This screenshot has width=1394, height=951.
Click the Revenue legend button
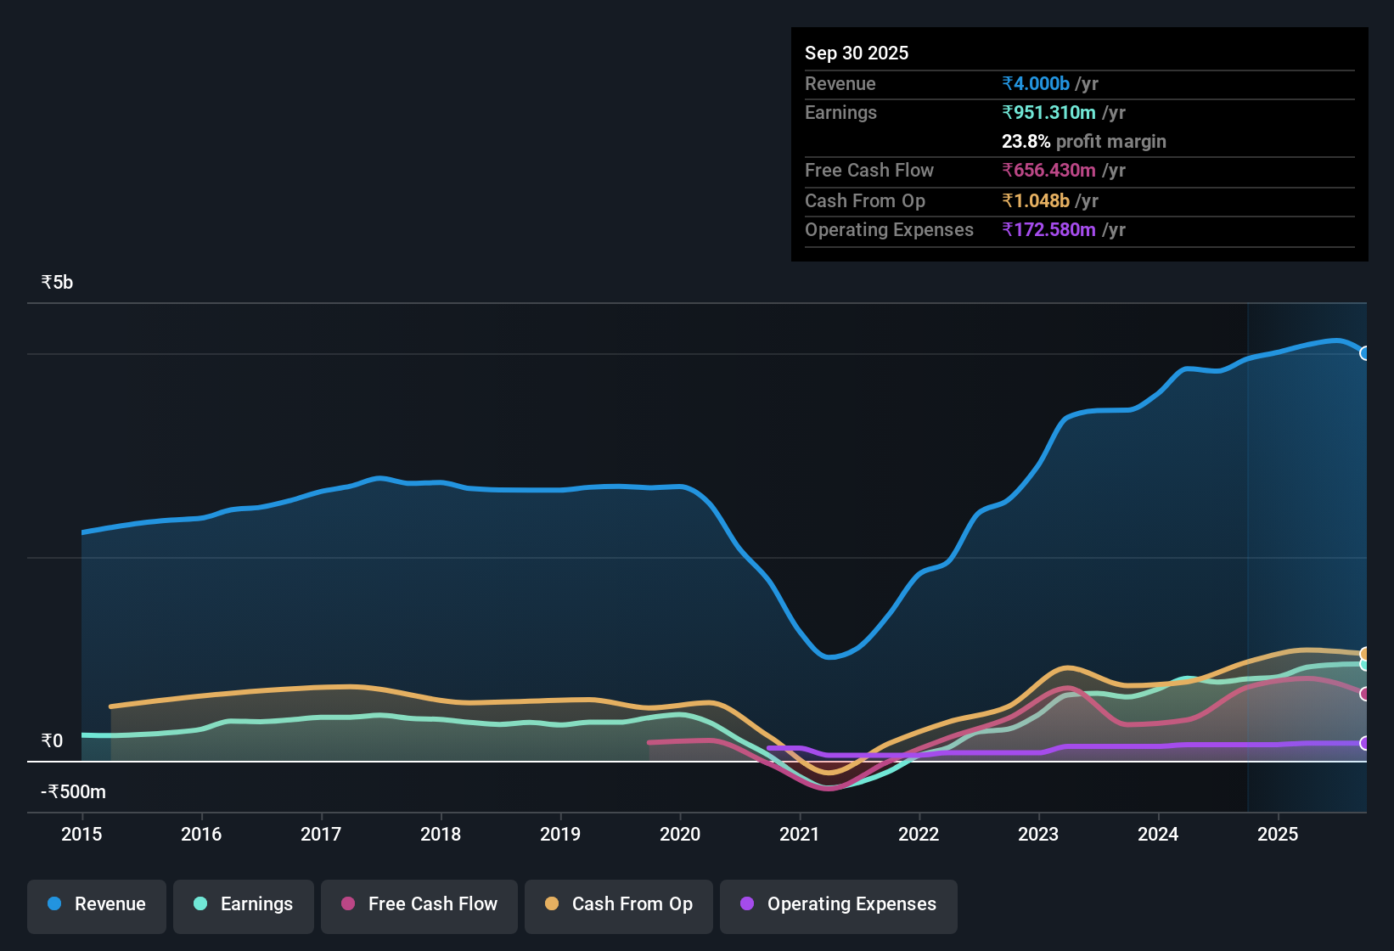pos(97,904)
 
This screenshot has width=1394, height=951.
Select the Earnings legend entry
pos(244,904)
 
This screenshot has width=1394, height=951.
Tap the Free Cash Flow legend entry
pos(419,904)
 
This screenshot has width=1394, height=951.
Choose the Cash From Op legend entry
pos(619,904)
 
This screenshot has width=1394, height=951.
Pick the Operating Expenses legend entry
pos(839,904)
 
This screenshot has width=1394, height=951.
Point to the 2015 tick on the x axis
pos(82,834)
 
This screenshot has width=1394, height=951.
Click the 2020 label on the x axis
pos(680,834)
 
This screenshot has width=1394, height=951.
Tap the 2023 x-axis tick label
pos(1038,834)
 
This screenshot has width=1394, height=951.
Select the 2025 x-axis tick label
pos(1278,834)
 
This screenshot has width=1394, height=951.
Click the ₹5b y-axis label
pos(57,283)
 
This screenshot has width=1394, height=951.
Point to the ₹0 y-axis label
pos(52,741)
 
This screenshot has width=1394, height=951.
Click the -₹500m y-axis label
pos(73,792)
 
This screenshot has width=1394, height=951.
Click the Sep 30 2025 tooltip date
pos(857,53)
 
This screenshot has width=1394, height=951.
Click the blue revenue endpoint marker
pos(1364,353)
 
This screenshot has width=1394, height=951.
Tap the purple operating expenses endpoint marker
pos(1364,743)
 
